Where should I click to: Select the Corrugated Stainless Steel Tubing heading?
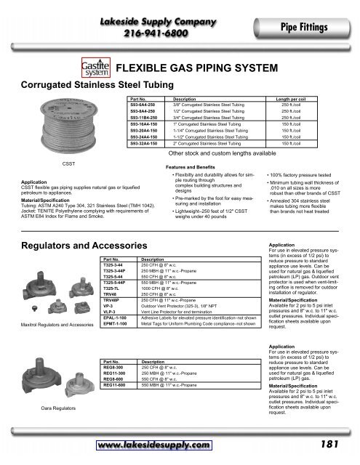(79, 85)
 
